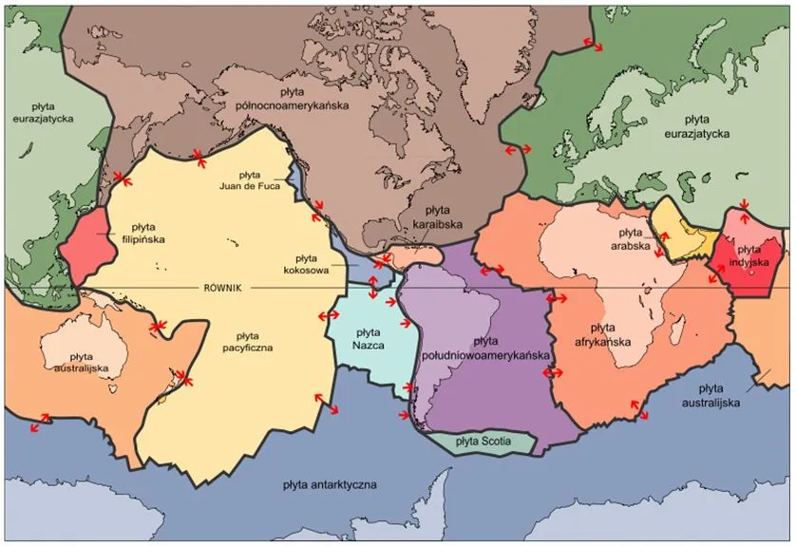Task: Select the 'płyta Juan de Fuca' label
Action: (x=249, y=179)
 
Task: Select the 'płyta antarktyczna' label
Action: (x=330, y=484)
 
